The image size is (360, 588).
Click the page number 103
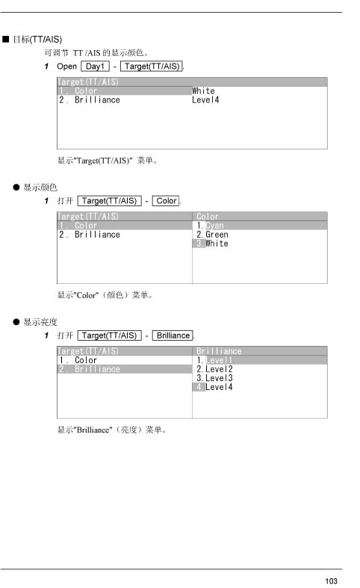click(x=331, y=581)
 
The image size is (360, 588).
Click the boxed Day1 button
click(x=96, y=66)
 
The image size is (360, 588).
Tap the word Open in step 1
click(x=66, y=66)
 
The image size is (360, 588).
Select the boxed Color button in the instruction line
click(x=166, y=201)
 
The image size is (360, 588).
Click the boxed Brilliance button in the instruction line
click(x=173, y=335)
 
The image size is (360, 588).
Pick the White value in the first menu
click(x=203, y=90)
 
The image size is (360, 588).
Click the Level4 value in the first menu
click(x=205, y=100)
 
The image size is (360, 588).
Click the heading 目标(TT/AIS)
click(x=37, y=40)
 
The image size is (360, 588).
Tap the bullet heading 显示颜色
click(x=40, y=187)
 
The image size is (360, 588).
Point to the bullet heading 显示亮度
click(x=40, y=322)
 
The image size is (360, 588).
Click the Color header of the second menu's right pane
click(x=208, y=217)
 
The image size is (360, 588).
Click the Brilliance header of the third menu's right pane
click(x=219, y=351)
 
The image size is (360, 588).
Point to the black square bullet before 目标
click(x=6, y=40)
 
